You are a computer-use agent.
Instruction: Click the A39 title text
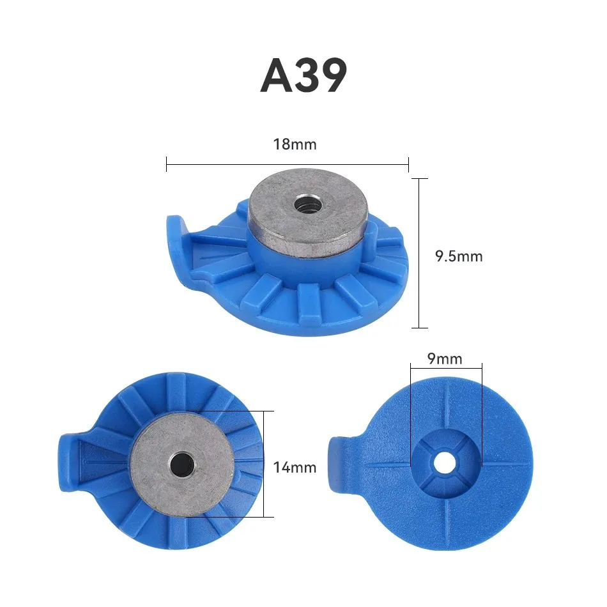[303, 76]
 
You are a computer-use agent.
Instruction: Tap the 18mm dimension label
[295, 144]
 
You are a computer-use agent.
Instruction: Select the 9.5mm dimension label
[459, 256]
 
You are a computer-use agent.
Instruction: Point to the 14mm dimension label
[295, 467]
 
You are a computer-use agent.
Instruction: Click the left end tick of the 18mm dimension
[166, 164]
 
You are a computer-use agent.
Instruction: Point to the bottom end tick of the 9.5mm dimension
[419, 328]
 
